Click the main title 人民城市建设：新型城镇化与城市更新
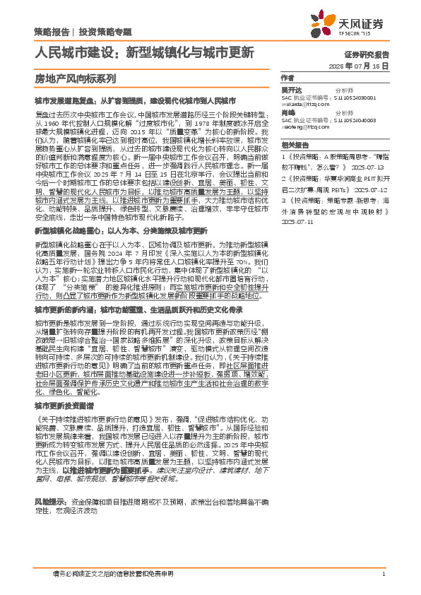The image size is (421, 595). tap(145, 52)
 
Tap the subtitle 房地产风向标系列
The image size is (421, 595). tap(75, 78)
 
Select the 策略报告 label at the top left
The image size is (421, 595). tap(52, 31)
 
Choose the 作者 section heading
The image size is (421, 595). tap(287, 78)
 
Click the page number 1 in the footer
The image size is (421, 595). tap(382, 574)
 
